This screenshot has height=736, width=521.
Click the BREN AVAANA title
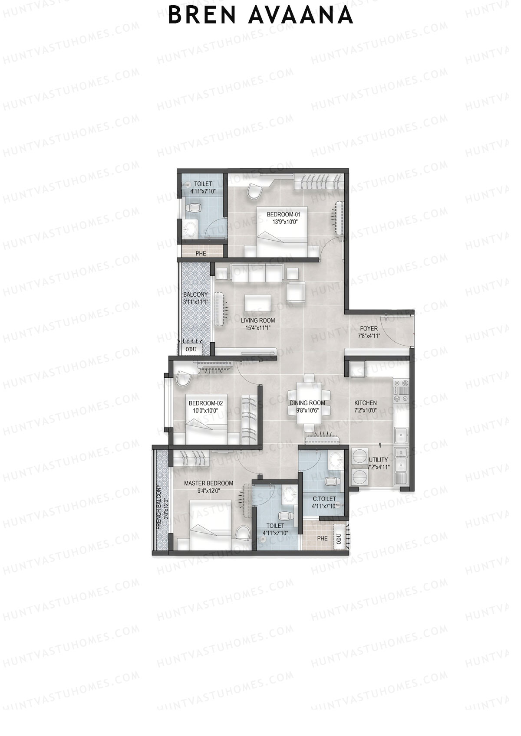pos(260,15)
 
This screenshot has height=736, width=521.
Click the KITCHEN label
pos(365,402)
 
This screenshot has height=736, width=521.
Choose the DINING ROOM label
pos(307,403)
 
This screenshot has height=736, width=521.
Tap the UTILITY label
pos(378,460)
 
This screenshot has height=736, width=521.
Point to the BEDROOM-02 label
pos(203,403)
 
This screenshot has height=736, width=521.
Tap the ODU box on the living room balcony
pos(191,349)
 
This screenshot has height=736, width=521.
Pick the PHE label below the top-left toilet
pos(201,253)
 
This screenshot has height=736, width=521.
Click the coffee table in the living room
pos(258,303)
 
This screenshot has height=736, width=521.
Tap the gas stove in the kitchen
pos(400,390)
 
